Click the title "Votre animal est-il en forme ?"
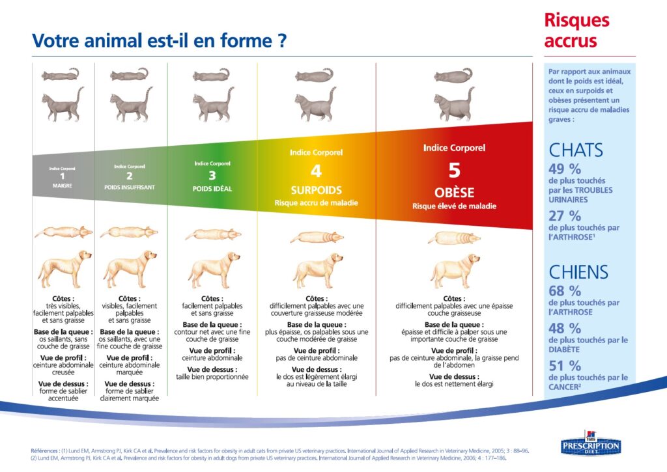tap(159, 41)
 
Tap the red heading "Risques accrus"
tap(576, 31)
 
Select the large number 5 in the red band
tap(454, 171)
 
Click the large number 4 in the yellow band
tap(316, 172)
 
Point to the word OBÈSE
tap(454, 193)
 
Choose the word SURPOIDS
tap(316, 191)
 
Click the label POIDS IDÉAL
tap(212, 189)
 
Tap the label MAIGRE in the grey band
tap(62, 186)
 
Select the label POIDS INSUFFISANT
tap(129, 187)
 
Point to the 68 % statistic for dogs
tap(565, 290)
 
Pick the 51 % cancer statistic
tap(565, 366)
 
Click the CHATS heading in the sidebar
tap(576, 150)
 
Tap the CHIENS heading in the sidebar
tap(578, 271)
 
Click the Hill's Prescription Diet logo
tap(591, 445)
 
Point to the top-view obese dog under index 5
tap(454, 238)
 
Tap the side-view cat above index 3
tap(212, 104)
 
